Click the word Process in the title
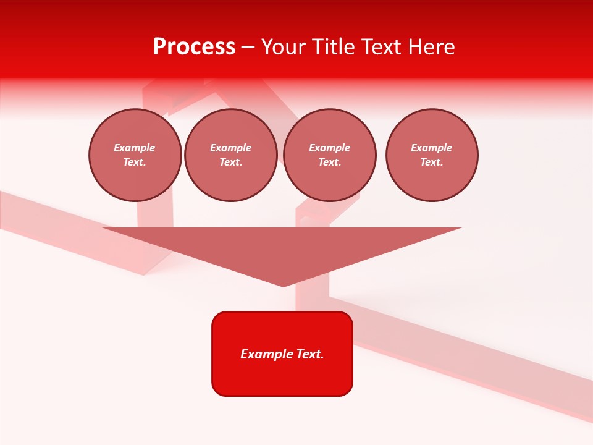(194, 47)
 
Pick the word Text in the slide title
(381, 47)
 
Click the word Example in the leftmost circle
(135, 148)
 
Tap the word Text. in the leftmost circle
(135, 163)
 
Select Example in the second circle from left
(230, 148)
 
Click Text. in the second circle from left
(230, 163)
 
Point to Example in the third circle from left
(329, 148)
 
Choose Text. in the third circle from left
(329, 163)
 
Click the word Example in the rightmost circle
(431, 148)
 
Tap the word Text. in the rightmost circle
(431, 163)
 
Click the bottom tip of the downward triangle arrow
(283, 286)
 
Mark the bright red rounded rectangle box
(282, 377)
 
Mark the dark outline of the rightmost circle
(477, 155)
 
